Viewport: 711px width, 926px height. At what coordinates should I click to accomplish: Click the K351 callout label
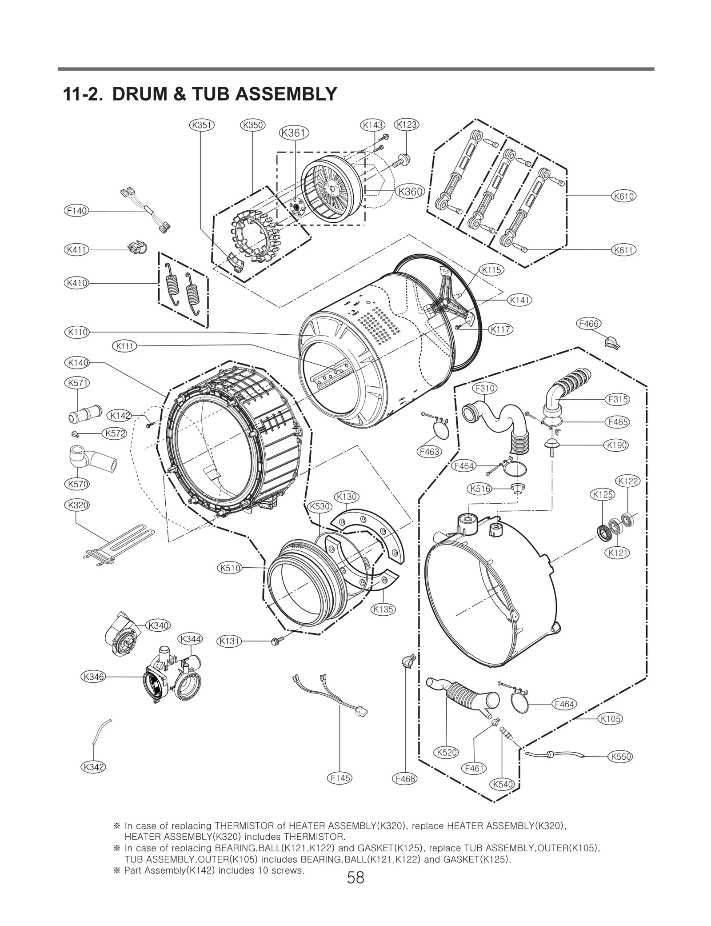(x=202, y=125)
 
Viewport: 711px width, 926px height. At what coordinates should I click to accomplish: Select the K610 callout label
(x=623, y=196)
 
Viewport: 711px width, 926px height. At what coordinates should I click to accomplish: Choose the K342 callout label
(x=93, y=766)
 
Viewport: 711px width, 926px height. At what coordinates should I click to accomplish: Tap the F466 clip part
(x=611, y=342)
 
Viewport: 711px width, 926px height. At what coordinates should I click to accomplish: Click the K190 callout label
(x=616, y=445)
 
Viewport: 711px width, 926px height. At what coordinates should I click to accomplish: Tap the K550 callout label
(x=621, y=756)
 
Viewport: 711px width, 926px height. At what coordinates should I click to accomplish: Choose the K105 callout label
(x=610, y=718)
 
